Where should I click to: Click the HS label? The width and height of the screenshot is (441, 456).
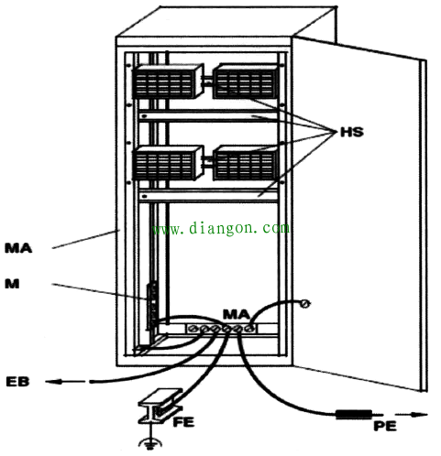352,132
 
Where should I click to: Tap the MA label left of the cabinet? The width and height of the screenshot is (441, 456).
18,248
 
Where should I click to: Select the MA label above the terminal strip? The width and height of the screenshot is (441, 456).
237,314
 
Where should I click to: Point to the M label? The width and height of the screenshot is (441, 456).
12,284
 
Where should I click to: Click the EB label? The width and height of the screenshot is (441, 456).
17,382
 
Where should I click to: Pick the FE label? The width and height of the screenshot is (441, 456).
183,422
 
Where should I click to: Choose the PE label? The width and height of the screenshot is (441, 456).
385,426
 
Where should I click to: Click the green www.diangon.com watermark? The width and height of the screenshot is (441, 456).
221,228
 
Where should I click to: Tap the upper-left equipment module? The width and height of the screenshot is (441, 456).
168,81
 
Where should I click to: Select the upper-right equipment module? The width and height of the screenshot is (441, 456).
246,81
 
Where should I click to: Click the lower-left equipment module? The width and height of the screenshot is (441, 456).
168,163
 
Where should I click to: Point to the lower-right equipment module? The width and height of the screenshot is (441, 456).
246,163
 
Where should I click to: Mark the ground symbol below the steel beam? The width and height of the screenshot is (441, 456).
150,443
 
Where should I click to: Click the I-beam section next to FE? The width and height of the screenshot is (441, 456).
160,406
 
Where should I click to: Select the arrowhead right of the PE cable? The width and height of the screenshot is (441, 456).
419,415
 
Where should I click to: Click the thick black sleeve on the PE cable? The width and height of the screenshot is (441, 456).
354,414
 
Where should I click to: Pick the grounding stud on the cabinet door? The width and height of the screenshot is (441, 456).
304,304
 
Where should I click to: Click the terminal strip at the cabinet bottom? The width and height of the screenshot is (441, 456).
222,329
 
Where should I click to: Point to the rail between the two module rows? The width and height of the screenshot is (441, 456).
208,116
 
